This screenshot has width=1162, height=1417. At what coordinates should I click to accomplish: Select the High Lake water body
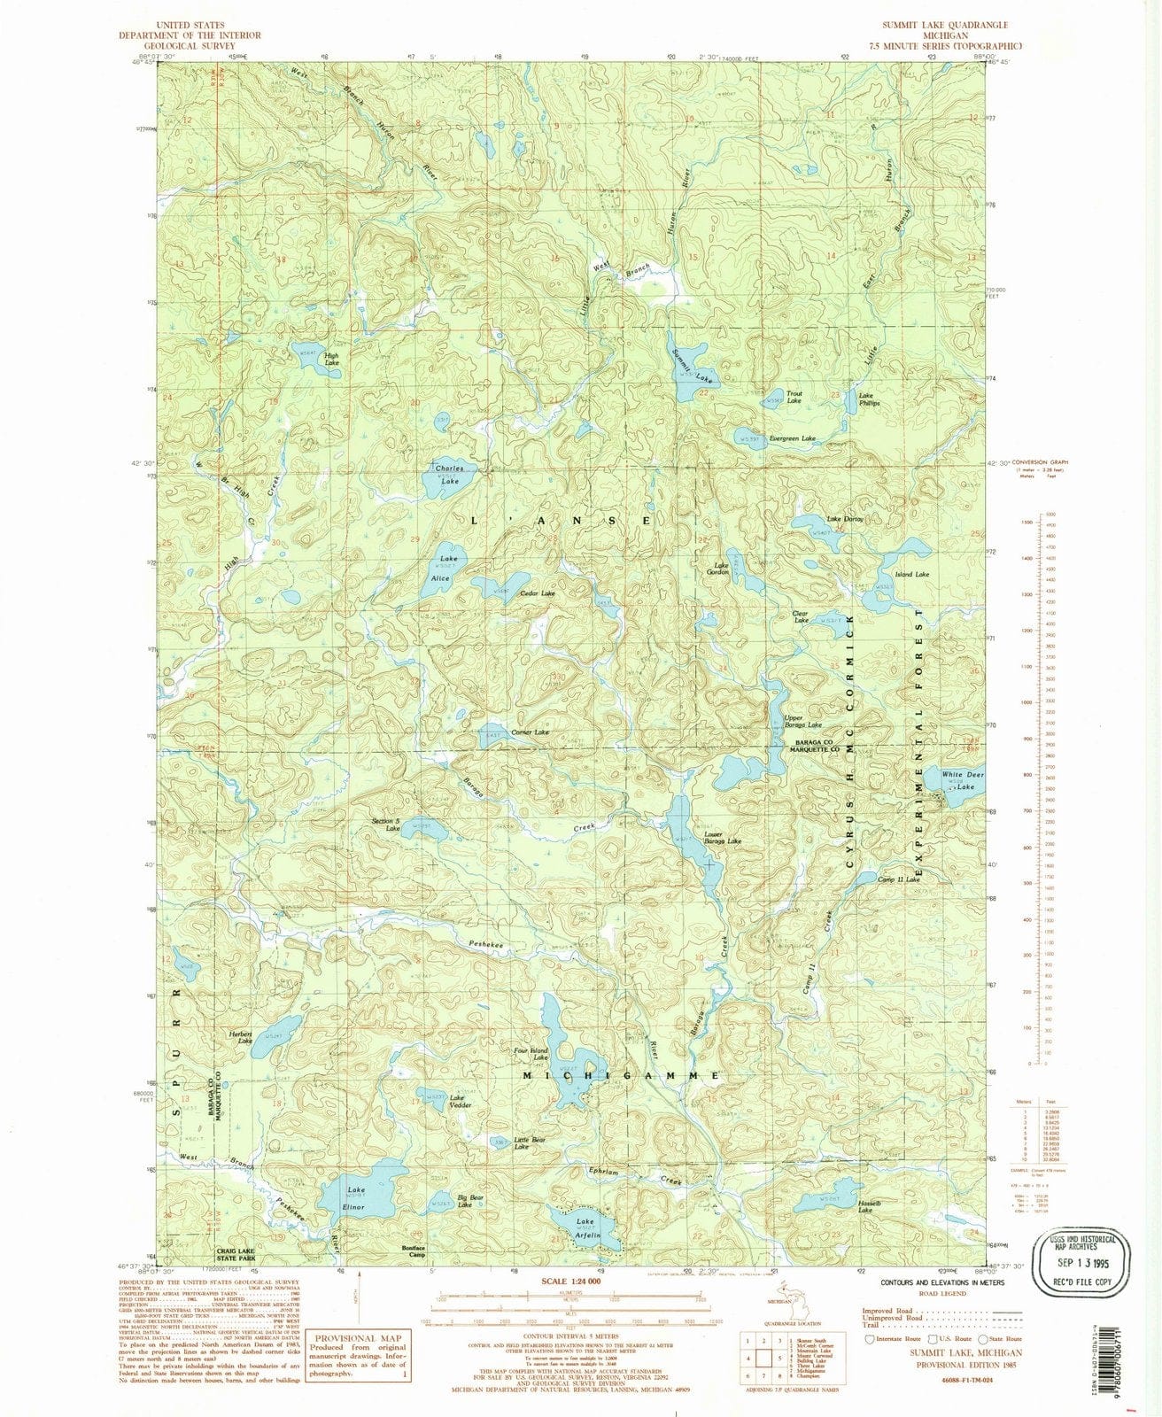312,351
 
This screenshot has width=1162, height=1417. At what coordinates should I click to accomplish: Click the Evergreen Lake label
792,438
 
